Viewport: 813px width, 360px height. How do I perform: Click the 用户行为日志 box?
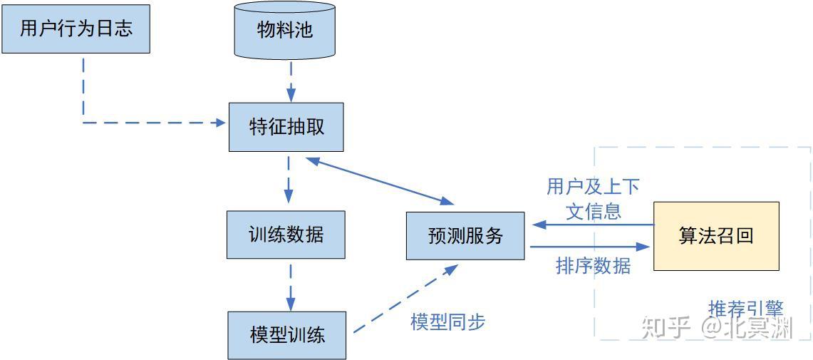point(76,29)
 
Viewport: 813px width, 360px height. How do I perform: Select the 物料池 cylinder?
point(285,31)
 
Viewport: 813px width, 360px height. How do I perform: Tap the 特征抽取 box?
point(286,127)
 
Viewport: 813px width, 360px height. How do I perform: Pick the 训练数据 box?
point(286,235)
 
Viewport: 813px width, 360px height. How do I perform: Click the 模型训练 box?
point(286,334)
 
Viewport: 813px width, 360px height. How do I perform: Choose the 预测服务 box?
point(465,236)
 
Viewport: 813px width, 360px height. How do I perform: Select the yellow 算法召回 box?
point(716,236)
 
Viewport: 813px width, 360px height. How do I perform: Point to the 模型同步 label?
point(447,322)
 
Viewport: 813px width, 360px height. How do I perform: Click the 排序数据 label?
point(593,266)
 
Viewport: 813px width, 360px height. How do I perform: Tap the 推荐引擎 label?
point(745,309)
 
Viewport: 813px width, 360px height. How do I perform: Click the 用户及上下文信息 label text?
point(593,199)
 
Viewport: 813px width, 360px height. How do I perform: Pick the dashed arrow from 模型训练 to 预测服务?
point(405,299)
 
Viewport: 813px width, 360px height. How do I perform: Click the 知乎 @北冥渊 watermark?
point(716,329)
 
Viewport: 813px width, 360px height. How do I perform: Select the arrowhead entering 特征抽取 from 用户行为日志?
point(220,123)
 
